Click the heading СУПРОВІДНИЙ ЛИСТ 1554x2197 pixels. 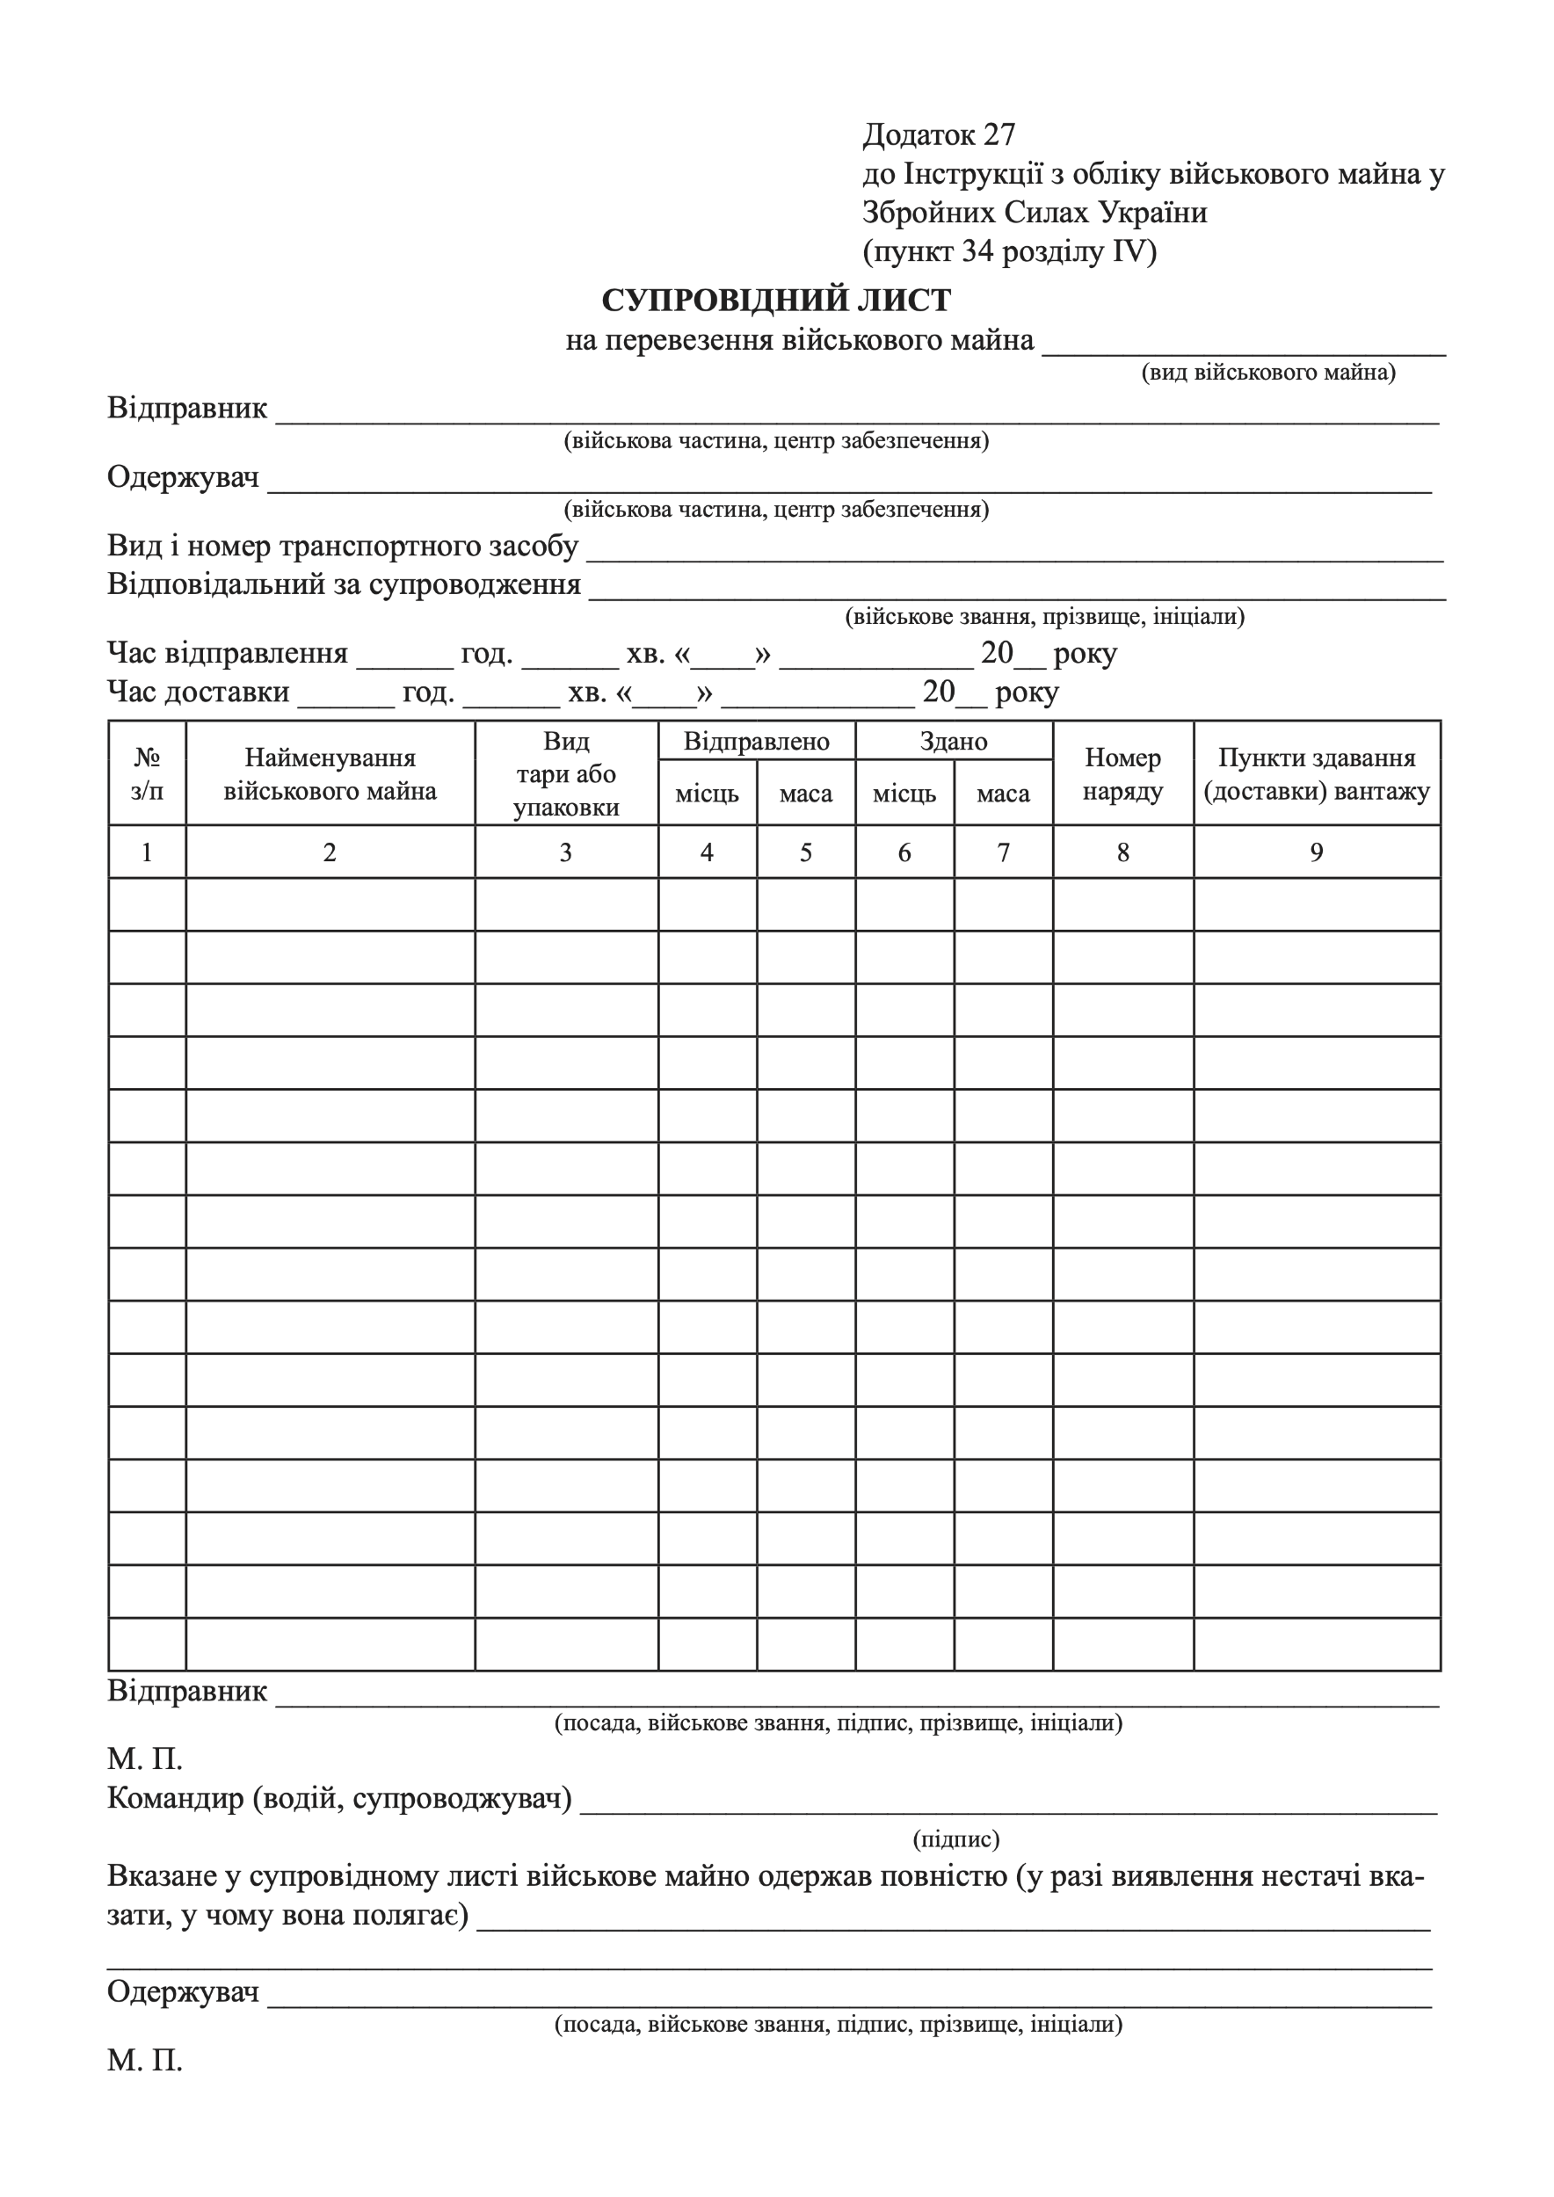coord(776,301)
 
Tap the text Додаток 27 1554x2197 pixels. coord(938,135)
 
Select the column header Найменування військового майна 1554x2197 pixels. coord(330,774)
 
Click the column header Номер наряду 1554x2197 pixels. coord(1122,774)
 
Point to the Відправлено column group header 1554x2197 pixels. coord(756,742)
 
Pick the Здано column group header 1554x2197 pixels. coord(953,742)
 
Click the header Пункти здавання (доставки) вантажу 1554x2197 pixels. coord(1317,774)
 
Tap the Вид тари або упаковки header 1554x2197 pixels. coord(565,774)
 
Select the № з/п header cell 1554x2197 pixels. coord(147,774)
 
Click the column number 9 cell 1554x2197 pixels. coord(1317,852)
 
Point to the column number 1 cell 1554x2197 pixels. coord(147,852)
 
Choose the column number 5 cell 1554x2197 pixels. coord(806,852)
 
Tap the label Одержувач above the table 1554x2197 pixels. coord(183,476)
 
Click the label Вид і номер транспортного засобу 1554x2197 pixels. coord(343,547)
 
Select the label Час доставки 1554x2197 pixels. coord(198,692)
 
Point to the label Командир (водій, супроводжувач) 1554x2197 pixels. coord(338,1798)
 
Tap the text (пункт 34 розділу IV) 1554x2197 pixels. coord(1010,251)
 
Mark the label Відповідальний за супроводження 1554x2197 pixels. coord(344,584)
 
